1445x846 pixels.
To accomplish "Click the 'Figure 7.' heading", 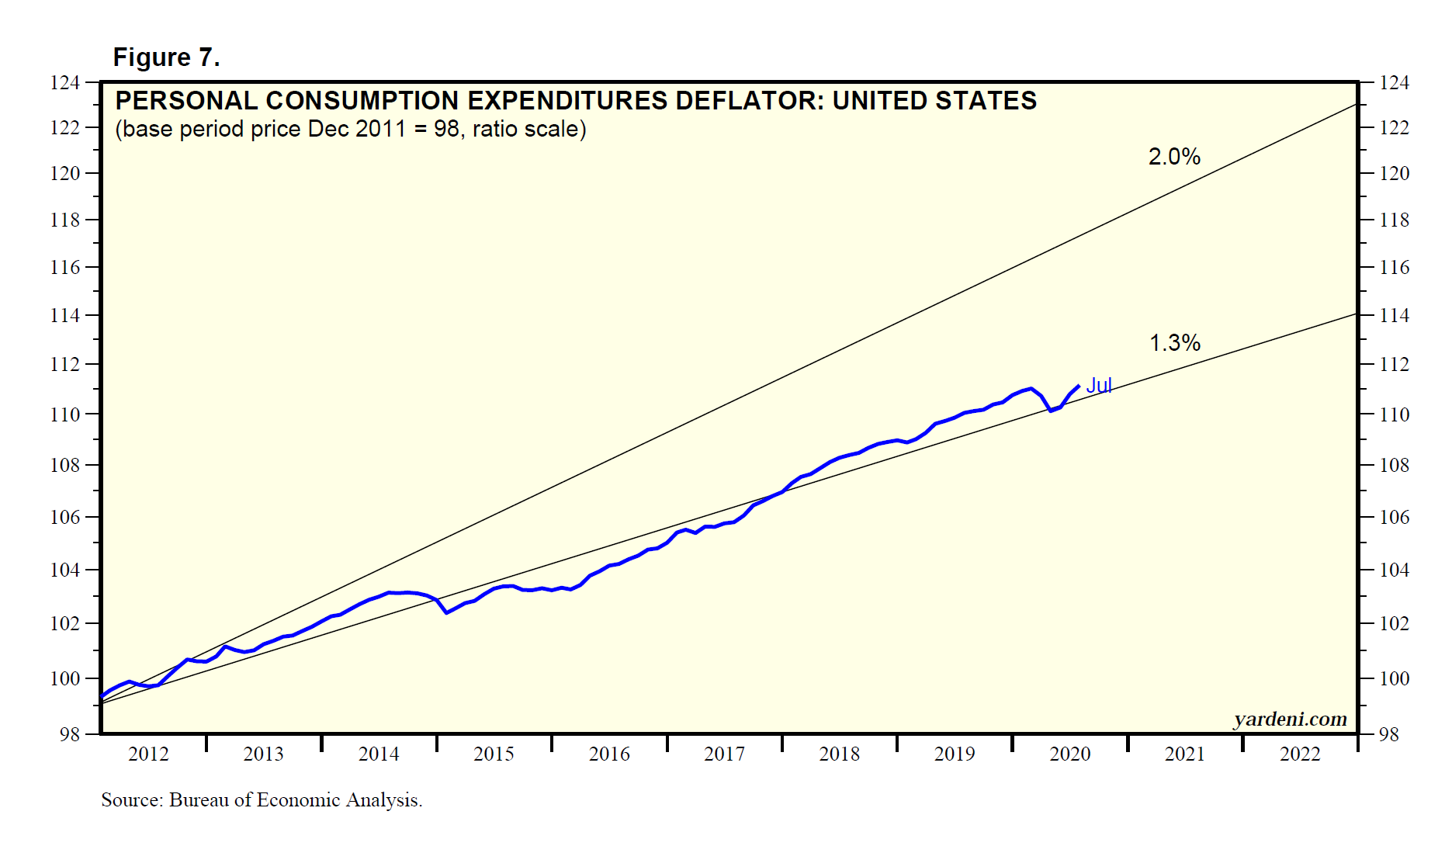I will click(x=166, y=57).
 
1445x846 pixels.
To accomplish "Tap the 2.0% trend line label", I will click(x=1174, y=157).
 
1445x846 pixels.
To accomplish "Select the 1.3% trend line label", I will click(x=1174, y=342).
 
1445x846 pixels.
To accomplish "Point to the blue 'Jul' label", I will click(x=1099, y=385).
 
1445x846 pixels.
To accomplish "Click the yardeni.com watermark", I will click(x=1290, y=719).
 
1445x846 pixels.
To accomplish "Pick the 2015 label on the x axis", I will click(x=494, y=754).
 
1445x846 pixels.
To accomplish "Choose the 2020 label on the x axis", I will click(x=1069, y=754).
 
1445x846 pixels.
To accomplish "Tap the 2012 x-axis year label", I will click(x=148, y=754).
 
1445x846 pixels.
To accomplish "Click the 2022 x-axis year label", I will click(x=1300, y=754).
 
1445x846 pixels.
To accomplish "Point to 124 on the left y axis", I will click(x=65, y=82).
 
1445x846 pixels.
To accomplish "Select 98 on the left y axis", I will click(x=70, y=734).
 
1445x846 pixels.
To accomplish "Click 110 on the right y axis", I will click(x=1395, y=414).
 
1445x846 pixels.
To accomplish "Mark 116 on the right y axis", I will click(x=1395, y=268).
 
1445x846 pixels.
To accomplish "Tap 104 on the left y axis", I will click(x=65, y=570).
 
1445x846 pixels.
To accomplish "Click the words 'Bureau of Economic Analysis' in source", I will click(x=295, y=800).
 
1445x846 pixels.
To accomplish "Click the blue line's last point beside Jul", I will click(x=1079, y=386).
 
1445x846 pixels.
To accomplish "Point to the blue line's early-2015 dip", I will click(x=447, y=612).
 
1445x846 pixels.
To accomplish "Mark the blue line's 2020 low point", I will click(x=1051, y=410).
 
